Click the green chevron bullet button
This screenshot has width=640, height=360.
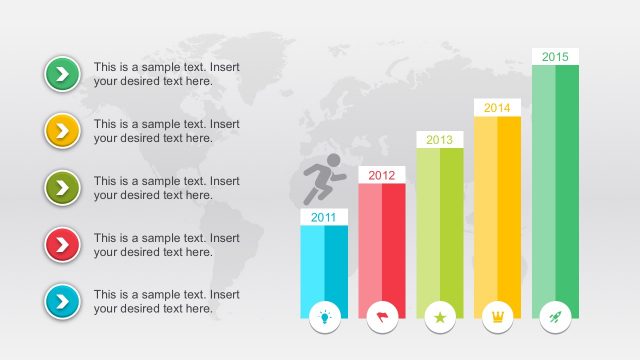click(62, 73)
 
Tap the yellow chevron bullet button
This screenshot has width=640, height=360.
click(62, 130)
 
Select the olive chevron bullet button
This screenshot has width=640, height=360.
click(62, 187)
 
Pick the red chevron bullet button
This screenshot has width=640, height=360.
click(62, 244)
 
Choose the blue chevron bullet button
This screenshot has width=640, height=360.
click(62, 301)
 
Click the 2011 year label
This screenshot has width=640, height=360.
click(324, 217)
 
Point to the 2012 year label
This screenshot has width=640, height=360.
click(381, 175)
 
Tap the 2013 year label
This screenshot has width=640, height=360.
click(440, 140)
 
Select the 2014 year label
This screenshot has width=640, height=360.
click(497, 108)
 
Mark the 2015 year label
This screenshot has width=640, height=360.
click(555, 57)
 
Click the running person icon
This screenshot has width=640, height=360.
click(323, 181)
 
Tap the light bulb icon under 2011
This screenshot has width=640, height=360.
click(325, 316)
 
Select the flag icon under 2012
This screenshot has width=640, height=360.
click(382, 316)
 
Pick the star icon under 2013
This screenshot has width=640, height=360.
click(440, 317)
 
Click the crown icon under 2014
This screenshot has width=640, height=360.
click(497, 317)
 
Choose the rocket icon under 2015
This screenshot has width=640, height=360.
click(555, 317)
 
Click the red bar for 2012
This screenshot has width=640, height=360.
click(382, 240)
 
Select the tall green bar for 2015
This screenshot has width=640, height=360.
click(555, 180)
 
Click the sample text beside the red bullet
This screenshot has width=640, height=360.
click(166, 245)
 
